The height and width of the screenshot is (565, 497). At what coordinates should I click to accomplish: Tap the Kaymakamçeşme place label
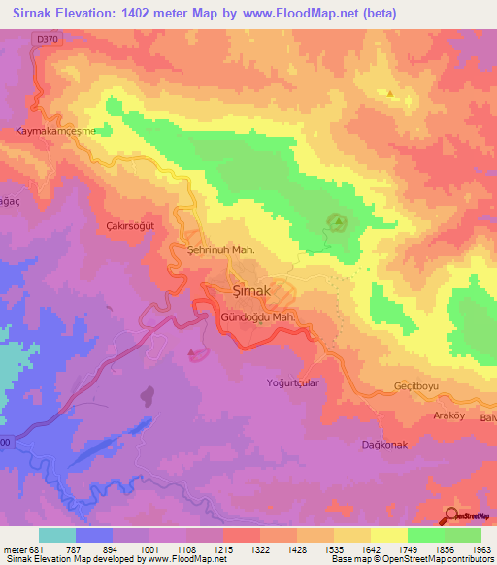click(x=56, y=131)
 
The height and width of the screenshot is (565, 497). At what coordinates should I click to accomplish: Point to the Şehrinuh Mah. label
click(x=220, y=250)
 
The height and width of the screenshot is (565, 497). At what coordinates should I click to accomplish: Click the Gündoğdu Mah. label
click(x=258, y=317)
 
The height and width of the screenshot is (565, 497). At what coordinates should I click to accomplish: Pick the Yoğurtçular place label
click(x=293, y=383)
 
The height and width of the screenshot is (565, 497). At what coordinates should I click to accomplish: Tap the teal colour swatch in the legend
click(x=57, y=535)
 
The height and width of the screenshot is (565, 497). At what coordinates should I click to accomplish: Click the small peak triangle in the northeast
click(x=390, y=94)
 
